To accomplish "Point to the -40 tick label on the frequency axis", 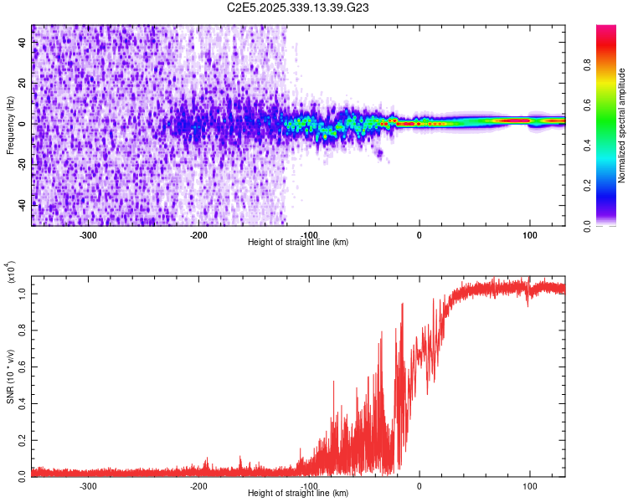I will [23, 203].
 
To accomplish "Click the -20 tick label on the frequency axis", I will [23, 163].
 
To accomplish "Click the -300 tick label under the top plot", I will [89, 234].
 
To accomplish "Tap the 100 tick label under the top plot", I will [529, 234].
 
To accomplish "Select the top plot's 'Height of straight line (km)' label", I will [298, 242].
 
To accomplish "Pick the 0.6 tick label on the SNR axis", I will [23, 365].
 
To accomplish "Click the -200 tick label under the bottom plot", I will [198, 485].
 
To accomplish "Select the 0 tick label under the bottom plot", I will [420, 485].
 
